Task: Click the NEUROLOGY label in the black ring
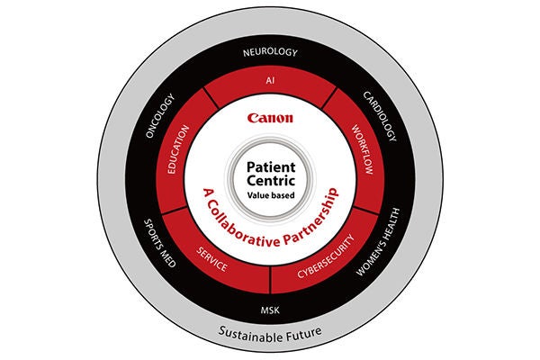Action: [x=270, y=52]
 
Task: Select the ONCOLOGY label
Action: [x=160, y=116]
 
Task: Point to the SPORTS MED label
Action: [x=160, y=243]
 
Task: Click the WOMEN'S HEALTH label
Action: [x=378, y=242]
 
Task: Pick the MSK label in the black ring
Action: [x=270, y=310]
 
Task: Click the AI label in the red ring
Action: [x=270, y=80]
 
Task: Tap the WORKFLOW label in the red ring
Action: [x=363, y=149]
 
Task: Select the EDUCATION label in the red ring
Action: [x=177, y=149]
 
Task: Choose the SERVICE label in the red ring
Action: [x=211, y=259]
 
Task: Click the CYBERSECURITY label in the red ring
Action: [x=326, y=256]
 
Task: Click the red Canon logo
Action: [x=270, y=118]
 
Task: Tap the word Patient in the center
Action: [x=271, y=167]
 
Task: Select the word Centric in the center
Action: [x=271, y=181]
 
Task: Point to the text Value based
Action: [x=271, y=195]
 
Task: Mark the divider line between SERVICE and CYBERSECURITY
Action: [x=271, y=280]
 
